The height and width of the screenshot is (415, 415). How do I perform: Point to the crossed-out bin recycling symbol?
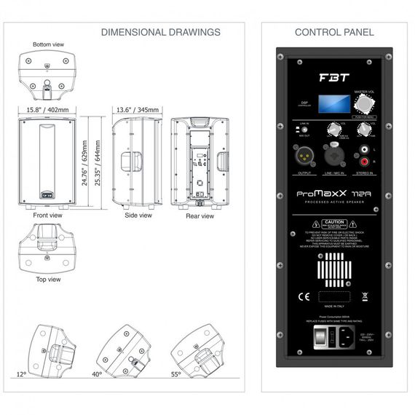click(x=365, y=297)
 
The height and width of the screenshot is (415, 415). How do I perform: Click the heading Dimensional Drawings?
click(x=160, y=32)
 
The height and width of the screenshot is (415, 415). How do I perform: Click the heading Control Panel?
click(x=334, y=32)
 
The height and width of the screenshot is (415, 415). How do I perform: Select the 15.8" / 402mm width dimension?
click(x=49, y=110)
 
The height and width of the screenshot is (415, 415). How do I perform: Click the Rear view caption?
click(x=200, y=216)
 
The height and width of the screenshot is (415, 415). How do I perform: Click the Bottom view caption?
click(x=48, y=44)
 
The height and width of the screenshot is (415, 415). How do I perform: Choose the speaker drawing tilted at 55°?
click(x=199, y=350)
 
